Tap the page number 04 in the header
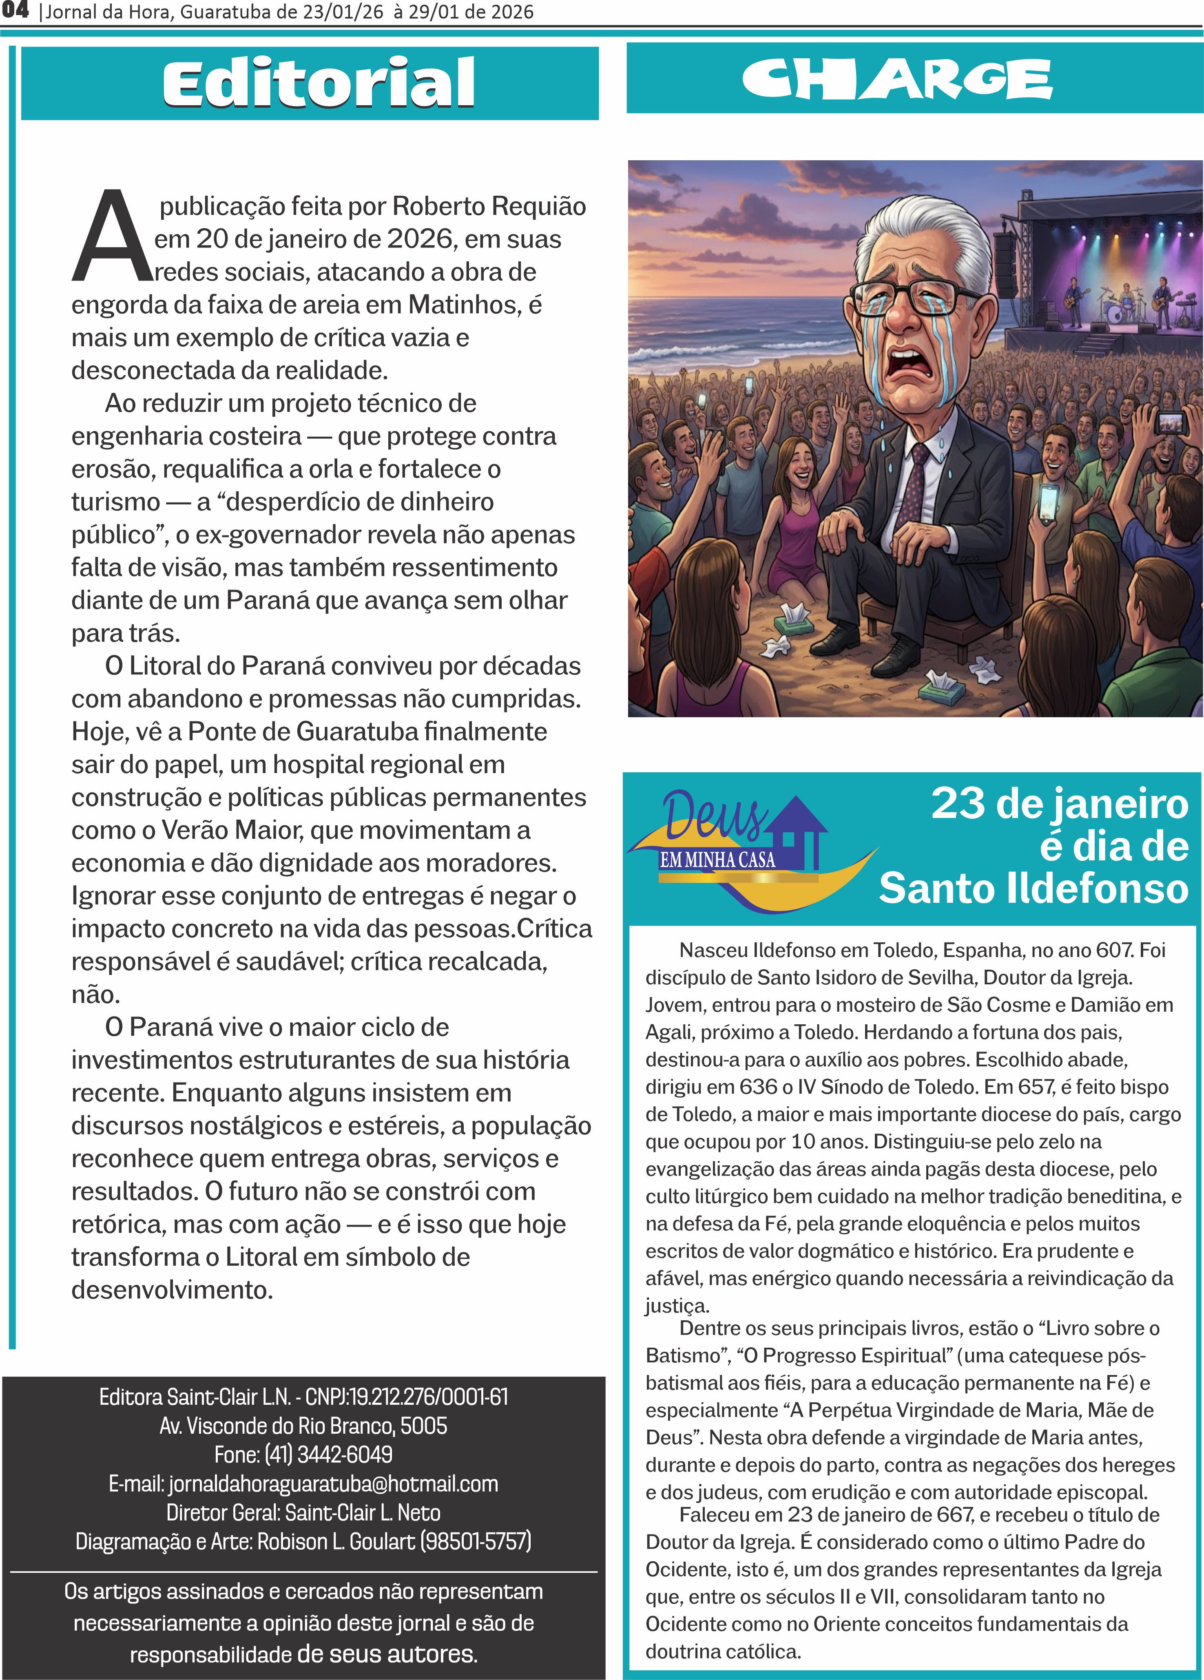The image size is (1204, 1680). click(15, 10)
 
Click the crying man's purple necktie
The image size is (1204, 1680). click(915, 482)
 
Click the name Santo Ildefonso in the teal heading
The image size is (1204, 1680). click(1034, 888)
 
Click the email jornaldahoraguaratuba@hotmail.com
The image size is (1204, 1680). click(333, 1484)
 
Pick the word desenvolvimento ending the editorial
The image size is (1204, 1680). click(171, 1290)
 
